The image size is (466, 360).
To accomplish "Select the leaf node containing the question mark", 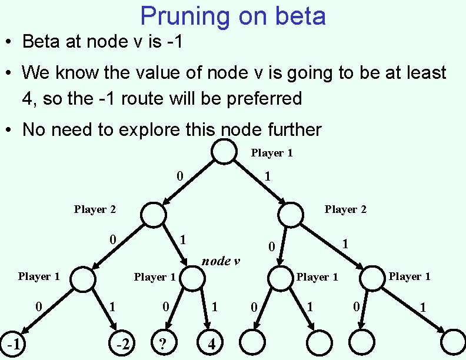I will tap(164, 342).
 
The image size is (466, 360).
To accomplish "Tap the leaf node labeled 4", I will tap(211, 342).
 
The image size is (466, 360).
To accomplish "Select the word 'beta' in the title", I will tap(298, 16).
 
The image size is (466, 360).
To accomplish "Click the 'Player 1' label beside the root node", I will tap(272, 153).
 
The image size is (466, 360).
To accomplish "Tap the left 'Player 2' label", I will tap(95, 209).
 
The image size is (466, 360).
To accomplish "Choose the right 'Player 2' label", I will tap(345, 209).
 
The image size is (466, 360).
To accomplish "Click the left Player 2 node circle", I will tap(154, 215).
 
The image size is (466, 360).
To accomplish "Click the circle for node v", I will tap(191, 279).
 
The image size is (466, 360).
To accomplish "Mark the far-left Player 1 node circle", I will tap(84, 279).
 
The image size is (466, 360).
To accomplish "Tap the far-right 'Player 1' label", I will tap(410, 276).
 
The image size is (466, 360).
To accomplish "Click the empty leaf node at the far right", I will tap(453, 342).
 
